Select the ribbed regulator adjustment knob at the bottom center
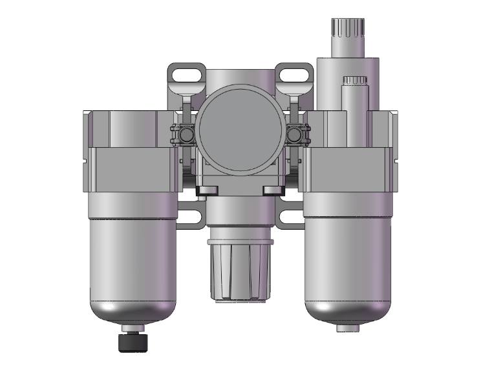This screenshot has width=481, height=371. (240, 272)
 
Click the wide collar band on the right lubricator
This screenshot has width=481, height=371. (347, 169)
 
